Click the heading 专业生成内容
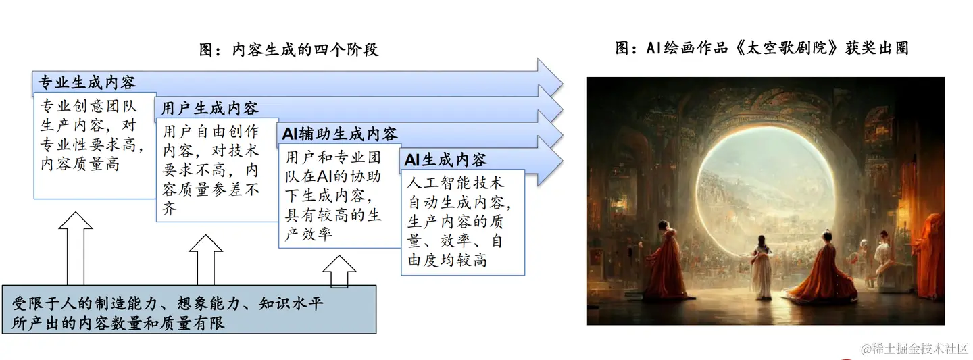[87, 82]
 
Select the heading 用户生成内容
[209, 108]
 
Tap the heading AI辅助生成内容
[340, 134]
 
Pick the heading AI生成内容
[445, 160]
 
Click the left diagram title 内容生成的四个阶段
[289, 49]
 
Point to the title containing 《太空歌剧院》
[762, 48]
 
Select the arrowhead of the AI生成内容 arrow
[550, 161]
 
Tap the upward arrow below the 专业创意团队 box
[76, 248]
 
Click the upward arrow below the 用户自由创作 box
[206, 259]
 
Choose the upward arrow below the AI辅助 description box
[339, 272]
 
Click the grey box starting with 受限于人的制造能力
[189, 309]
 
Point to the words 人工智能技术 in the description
[455, 183]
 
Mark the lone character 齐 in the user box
[170, 209]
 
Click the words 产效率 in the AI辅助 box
[309, 234]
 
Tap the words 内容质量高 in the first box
[80, 164]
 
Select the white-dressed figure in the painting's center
[762, 267]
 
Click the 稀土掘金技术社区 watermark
[915, 349]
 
